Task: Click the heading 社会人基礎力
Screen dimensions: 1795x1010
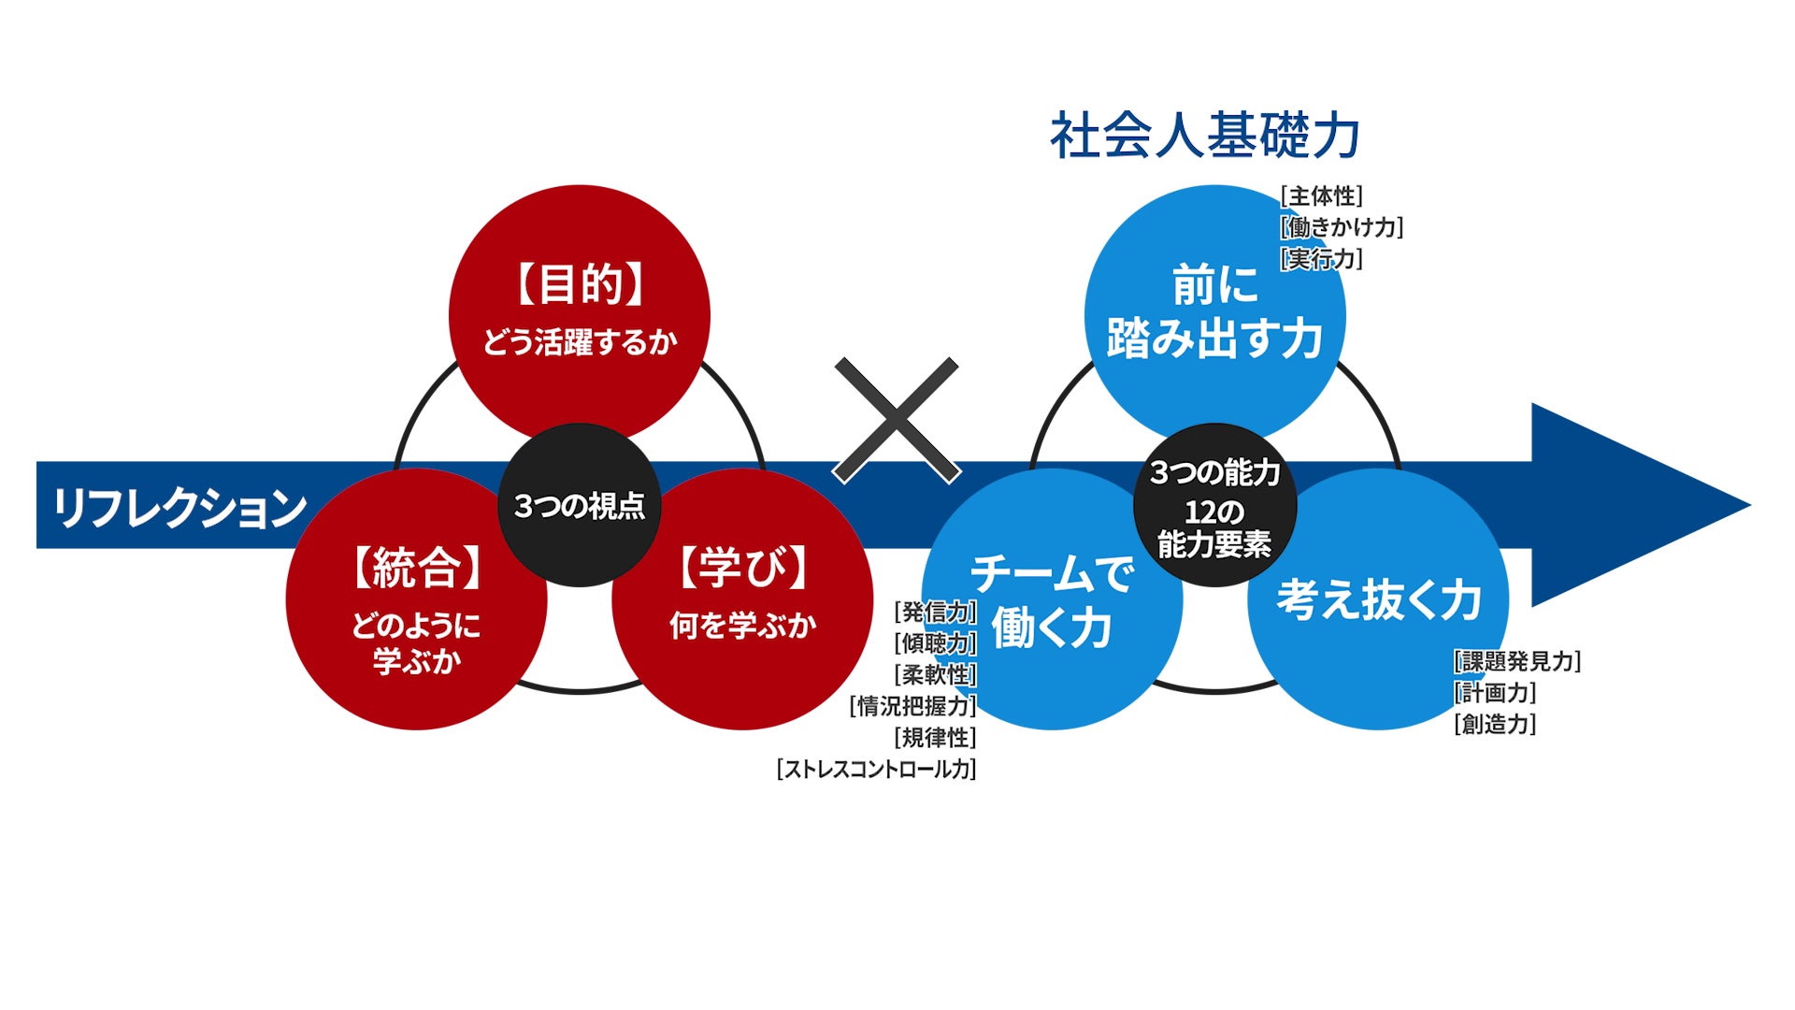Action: click(x=1205, y=136)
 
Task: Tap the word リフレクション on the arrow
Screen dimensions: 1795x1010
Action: click(x=179, y=507)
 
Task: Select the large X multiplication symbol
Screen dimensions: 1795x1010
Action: click(x=897, y=420)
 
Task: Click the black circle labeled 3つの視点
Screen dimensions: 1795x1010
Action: click(x=580, y=506)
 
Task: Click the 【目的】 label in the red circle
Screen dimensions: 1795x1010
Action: click(x=580, y=284)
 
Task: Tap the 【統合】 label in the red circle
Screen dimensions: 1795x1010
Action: click(x=417, y=568)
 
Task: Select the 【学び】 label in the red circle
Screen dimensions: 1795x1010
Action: click(x=743, y=568)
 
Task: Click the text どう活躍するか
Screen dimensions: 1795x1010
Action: click(x=580, y=342)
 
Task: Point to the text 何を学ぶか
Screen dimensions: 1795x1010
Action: click(x=743, y=625)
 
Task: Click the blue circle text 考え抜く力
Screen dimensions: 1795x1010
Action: click(x=1379, y=599)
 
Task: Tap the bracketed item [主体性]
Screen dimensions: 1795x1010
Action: click(x=1321, y=196)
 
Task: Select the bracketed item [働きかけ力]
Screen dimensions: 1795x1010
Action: click(x=1342, y=227)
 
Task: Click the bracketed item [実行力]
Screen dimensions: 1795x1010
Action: click(x=1321, y=258)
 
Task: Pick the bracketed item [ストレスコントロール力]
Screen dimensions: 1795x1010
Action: click(x=877, y=769)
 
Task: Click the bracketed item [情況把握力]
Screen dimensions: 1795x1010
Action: click(x=913, y=706)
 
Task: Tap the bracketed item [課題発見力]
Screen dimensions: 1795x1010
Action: click(x=1517, y=661)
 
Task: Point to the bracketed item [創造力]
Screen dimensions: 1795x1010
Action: click(x=1495, y=724)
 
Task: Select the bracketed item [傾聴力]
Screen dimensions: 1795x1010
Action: click(x=935, y=643)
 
